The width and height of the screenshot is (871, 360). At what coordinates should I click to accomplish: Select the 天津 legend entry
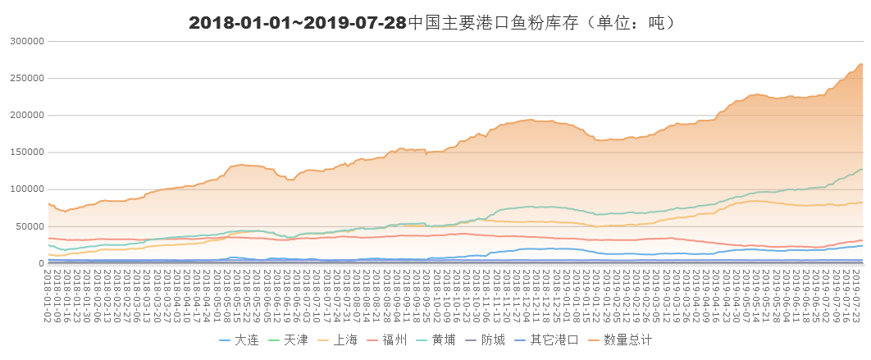pyautogui.click(x=295, y=339)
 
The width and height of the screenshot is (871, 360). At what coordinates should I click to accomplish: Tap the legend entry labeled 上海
pyautogui.click(x=344, y=339)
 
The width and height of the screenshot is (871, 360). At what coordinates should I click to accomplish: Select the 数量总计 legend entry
pyautogui.click(x=627, y=339)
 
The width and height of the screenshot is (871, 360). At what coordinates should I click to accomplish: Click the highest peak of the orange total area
pyautogui.click(x=861, y=64)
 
